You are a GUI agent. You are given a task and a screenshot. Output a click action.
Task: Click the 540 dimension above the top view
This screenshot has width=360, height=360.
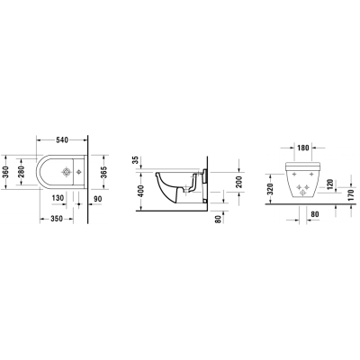(x=62, y=139)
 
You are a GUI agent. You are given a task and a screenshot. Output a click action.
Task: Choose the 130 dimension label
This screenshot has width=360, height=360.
(x=58, y=198)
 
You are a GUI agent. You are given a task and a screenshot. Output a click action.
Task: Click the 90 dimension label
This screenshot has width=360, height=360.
(x=98, y=199)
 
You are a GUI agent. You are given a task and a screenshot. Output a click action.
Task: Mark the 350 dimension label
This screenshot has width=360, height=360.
(x=57, y=219)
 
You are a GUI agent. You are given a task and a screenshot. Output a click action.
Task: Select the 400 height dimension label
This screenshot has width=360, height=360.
(x=141, y=191)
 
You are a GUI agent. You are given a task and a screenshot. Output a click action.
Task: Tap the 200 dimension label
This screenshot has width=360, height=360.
(x=239, y=182)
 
